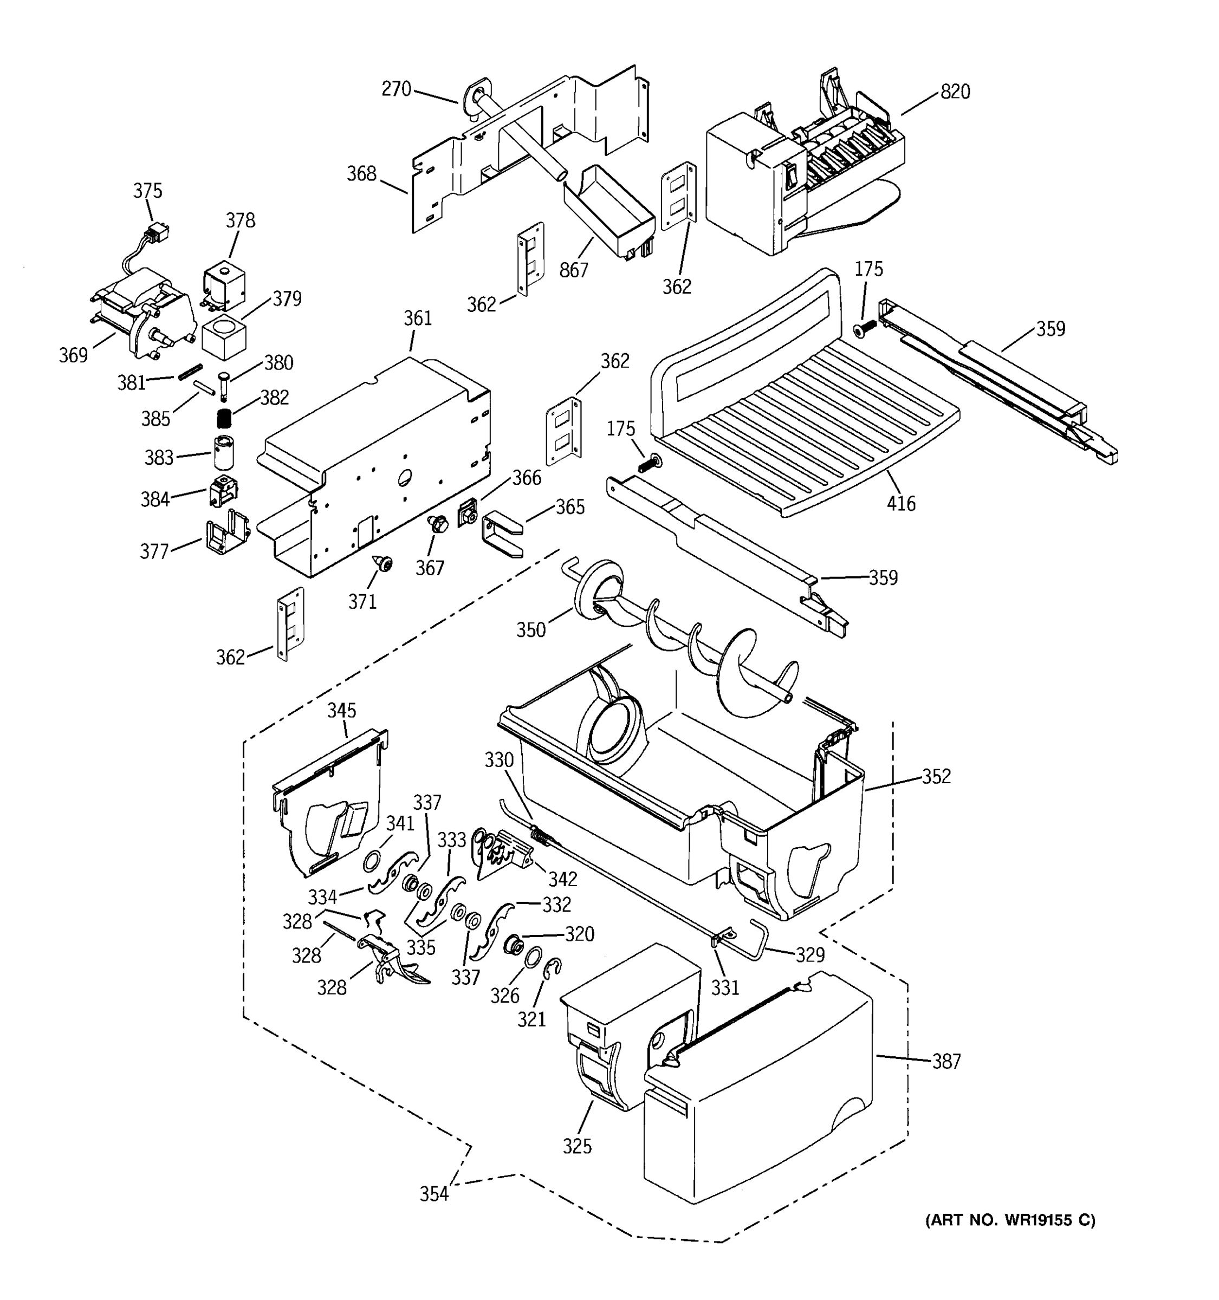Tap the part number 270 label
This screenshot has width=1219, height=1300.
tap(396, 89)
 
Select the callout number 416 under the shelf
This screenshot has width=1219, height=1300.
tap(900, 504)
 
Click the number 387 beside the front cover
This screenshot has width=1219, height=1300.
tap(946, 1061)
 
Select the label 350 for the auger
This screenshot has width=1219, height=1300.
tap(530, 630)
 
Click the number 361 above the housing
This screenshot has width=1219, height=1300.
tap(417, 318)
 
